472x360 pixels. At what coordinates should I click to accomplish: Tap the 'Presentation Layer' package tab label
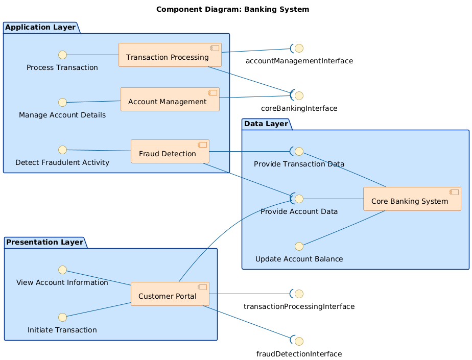45,242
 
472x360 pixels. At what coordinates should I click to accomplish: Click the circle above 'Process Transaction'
62,55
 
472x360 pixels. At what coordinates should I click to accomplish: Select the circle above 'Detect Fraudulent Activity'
62,150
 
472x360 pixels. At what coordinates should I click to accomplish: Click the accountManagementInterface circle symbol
299,49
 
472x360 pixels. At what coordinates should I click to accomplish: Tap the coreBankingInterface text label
299,108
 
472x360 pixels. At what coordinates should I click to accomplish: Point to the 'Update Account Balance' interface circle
299,246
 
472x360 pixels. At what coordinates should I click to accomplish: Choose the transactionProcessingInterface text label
299,306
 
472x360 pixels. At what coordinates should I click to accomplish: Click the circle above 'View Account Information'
62,270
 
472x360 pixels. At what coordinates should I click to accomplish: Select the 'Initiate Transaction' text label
62,330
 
